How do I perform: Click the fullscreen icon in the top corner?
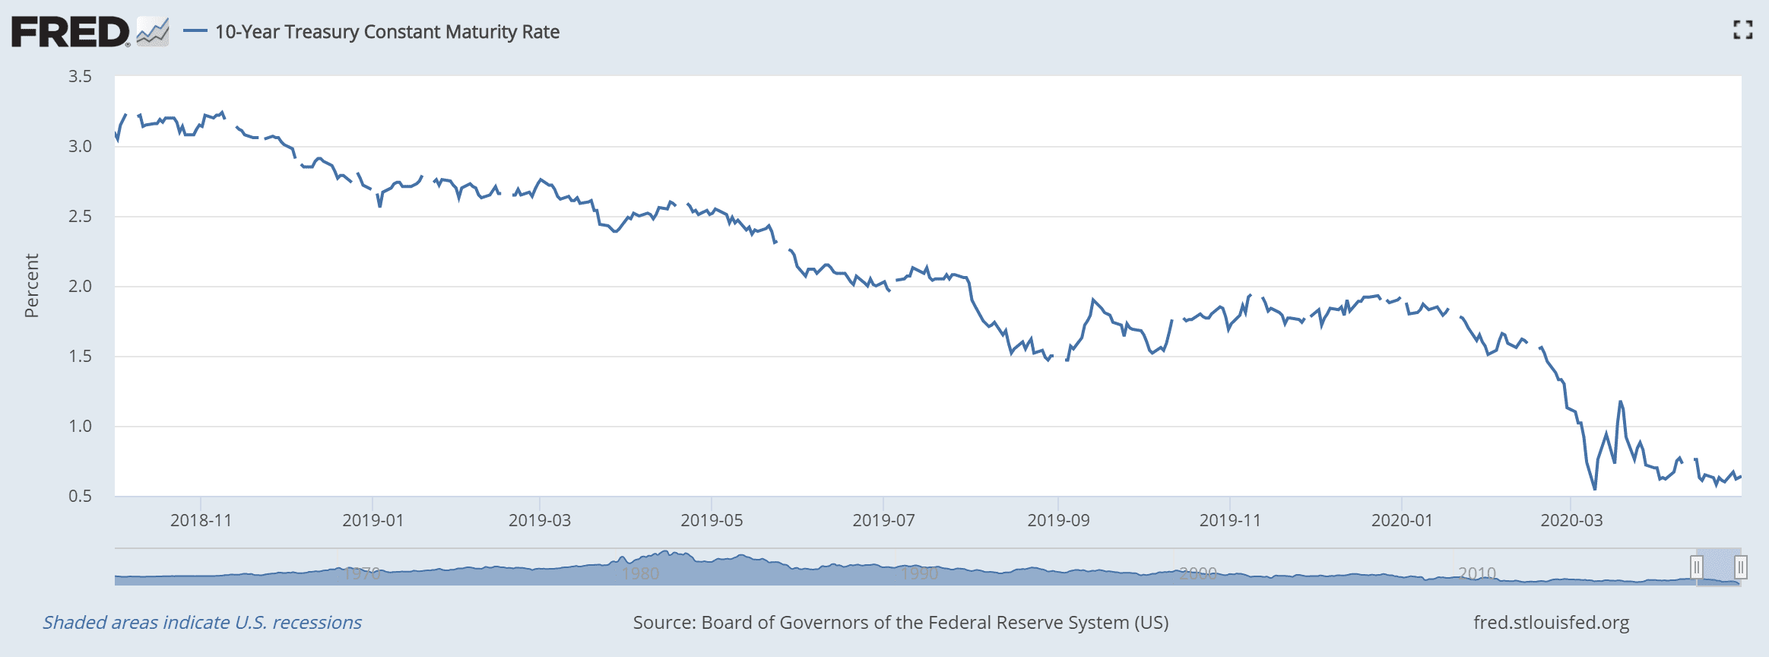pos(1742,30)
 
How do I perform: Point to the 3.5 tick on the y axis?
pos(80,76)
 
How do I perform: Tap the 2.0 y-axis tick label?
pos(80,287)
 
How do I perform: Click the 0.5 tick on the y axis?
pos(80,497)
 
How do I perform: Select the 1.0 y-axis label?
pos(80,427)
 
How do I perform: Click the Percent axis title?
pos(31,286)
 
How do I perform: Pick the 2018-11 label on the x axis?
pos(201,521)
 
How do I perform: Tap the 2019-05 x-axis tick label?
pos(712,521)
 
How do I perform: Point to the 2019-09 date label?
pos(1058,521)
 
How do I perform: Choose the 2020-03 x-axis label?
pos(1571,521)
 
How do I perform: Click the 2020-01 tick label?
pos(1402,521)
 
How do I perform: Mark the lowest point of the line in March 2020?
pos(1594,489)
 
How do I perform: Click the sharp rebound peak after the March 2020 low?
pos(1621,401)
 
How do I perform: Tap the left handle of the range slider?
pos(1696,567)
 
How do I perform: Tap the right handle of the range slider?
pos(1740,567)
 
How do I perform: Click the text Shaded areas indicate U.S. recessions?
pos(202,623)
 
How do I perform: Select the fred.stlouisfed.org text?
pos(1551,623)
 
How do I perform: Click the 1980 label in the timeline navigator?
pos(640,573)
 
